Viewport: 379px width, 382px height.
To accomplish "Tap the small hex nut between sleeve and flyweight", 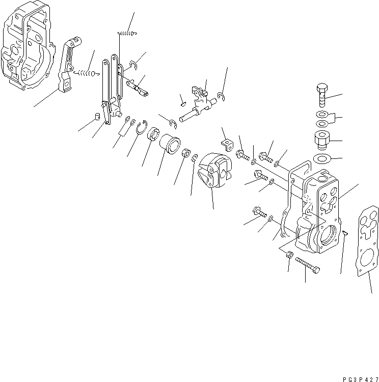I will [x=187, y=154].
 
